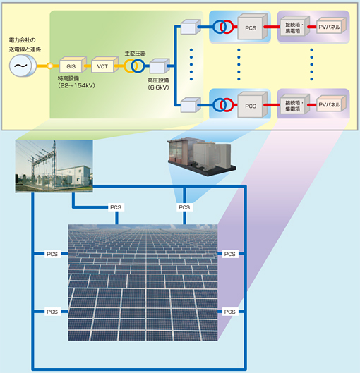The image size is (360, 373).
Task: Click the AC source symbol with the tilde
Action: (23, 66)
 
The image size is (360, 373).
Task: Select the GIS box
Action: (73, 65)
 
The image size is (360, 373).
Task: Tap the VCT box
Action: (104, 65)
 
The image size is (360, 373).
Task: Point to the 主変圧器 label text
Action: (135, 54)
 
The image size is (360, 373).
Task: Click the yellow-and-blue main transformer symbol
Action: (134, 66)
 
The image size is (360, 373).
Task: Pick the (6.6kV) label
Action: (158, 87)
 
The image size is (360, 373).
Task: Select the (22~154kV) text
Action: (76, 85)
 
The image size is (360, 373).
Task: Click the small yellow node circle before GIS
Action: (50, 66)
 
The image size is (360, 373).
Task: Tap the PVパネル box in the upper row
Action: (331, 25)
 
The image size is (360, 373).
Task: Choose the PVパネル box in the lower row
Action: (331, 104)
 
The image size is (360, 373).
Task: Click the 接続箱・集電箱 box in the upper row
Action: (295, 26)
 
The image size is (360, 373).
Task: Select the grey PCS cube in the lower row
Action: (253, 104)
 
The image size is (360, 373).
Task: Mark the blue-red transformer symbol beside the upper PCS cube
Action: (223, 27)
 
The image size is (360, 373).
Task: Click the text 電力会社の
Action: (22, 40)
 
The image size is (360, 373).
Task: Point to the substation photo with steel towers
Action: (54, 166)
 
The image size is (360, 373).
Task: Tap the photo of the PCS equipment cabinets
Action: (201, 157)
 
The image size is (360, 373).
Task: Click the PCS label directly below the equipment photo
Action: (184, 207)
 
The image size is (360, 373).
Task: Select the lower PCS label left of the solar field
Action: (52, 312)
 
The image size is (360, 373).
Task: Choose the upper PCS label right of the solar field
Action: (229, 254)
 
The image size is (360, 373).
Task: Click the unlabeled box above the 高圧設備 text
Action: (160, 66)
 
